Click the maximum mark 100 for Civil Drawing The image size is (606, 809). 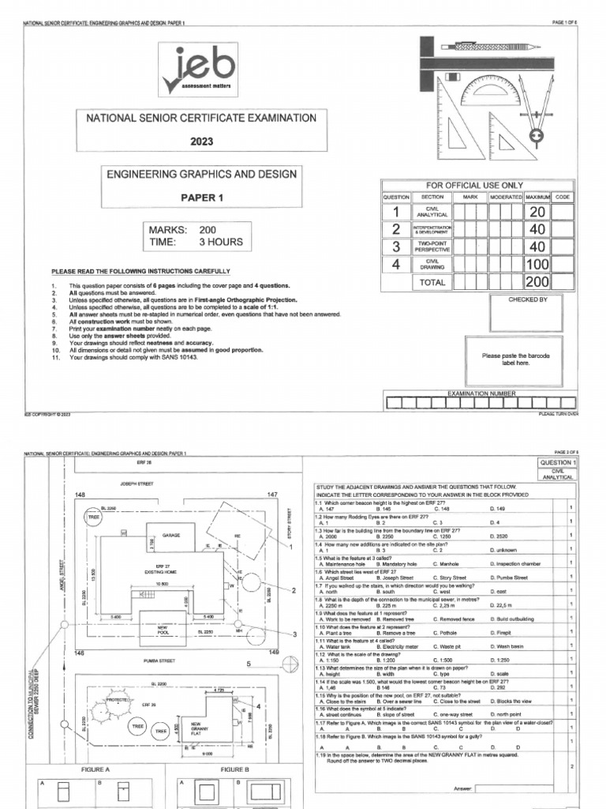(x=537, y=265)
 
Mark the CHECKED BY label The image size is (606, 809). (x=528, y=300)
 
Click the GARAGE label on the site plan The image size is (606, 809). (x=171, y=535)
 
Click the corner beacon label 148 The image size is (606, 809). (x=79, y=495)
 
